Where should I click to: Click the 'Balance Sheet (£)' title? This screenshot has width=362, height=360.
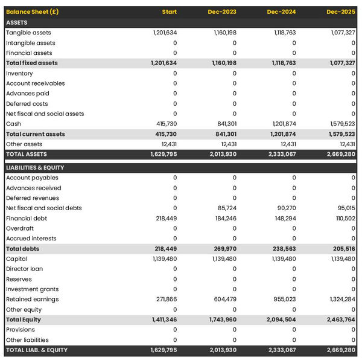(33, 12)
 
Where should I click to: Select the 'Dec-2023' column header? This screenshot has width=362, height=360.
(222, 12)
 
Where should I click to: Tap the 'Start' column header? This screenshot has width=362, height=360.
(170, 12)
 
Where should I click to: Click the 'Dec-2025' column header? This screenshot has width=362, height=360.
(341, 12)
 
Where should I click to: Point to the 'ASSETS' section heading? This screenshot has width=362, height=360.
(17, 22)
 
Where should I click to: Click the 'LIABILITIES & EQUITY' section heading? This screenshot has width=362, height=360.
(35, 167)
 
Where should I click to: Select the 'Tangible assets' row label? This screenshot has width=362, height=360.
(28, 33)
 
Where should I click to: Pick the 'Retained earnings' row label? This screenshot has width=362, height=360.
(32, 299)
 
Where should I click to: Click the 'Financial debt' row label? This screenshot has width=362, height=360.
(27, 218)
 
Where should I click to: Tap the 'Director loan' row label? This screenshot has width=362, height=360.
(25, 269)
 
